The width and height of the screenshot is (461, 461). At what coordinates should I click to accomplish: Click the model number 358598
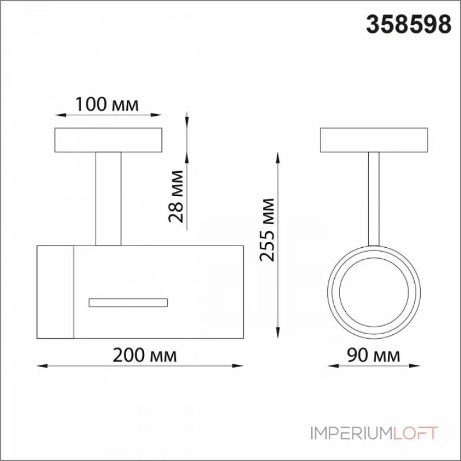[409, 25]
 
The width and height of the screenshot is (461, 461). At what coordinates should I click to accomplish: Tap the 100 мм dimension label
[107, 104]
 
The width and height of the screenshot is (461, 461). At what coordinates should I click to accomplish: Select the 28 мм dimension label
[176, 196]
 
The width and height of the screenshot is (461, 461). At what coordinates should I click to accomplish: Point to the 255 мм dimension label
[267, 230]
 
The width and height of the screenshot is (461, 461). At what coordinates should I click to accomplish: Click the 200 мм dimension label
[145, 355]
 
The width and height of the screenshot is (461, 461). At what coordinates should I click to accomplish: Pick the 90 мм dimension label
[373, 355]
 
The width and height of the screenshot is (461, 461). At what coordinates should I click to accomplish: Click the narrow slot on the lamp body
[128, 303]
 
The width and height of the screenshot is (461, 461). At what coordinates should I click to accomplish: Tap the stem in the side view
[108, 199]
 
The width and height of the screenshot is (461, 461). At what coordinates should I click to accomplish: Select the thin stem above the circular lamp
[373, 199]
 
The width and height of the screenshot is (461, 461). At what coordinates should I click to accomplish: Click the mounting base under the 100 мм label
[108, 140]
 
